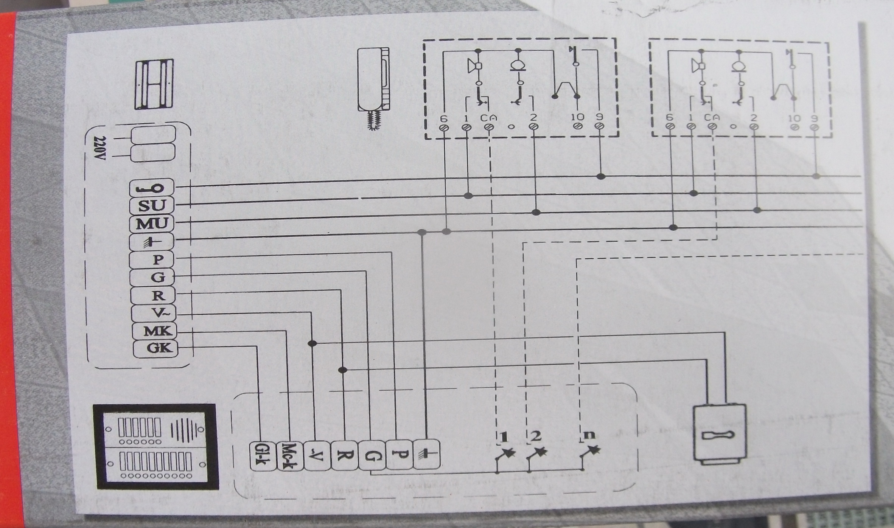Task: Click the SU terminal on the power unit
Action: (152, 205)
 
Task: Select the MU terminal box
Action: (152, 223)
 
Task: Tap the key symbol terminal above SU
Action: (152, 188)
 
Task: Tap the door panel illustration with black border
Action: (157, 447)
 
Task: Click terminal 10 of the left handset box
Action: (578, 126)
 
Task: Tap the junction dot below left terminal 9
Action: (600, 176)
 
